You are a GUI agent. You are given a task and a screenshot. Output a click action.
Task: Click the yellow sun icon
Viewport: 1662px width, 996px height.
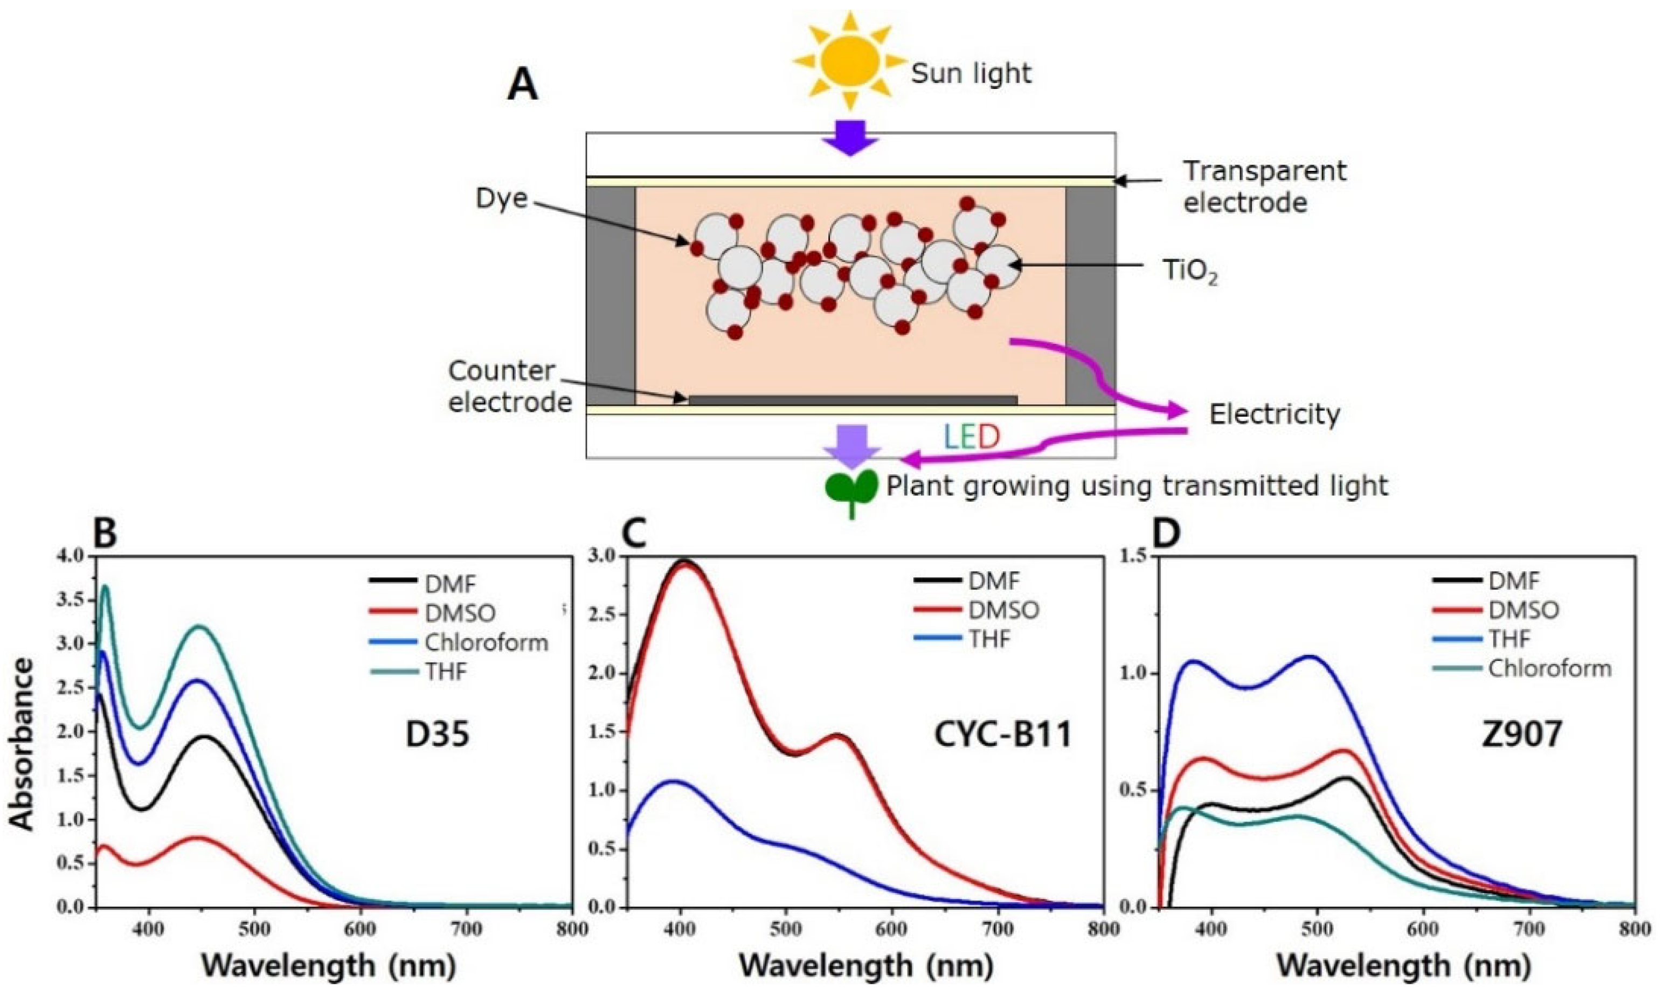pyautogui.click(x=849, y=60)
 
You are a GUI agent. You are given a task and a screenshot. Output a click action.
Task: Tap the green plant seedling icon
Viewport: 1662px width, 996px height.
pyautogui.click(x=851, y=489)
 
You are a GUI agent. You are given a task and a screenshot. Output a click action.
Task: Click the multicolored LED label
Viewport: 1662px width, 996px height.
pyautogui.click(x=971, y=438)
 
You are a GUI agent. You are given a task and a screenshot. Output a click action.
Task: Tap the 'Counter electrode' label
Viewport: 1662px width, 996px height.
pyautogui.click(x=510, y=386)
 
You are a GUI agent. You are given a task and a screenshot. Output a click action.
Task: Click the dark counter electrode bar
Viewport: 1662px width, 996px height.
pyautogui.click(x=852, y=400)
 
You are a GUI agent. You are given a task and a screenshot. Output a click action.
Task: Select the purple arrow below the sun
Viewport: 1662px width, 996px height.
pyautogui.click(x=850, y=137)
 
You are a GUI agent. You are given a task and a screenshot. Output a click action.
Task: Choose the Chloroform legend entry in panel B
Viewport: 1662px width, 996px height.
pyautogui.click(x=486, y=642)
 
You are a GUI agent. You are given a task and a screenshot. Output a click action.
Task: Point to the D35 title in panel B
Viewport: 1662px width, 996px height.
pyautogui.click(x=438, y=734)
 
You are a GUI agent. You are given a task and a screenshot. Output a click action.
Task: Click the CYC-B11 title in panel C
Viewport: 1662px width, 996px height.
pyautogui.click(x=1002, y=734)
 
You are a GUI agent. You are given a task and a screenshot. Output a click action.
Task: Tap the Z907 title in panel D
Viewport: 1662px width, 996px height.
pyautogui.click(x=1522, y=734)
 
